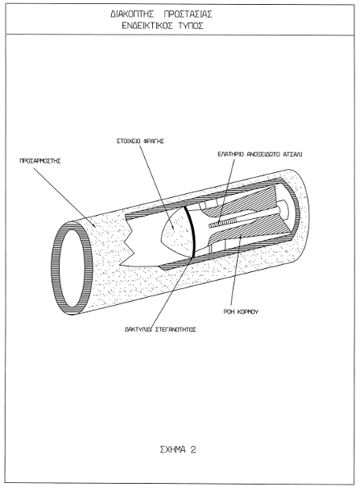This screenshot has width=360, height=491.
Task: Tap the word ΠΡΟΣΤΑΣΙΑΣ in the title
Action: (188, 14)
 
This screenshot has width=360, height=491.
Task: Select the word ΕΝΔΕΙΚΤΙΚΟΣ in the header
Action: (147, 26)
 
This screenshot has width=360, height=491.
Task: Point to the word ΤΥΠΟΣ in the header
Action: (192, 26)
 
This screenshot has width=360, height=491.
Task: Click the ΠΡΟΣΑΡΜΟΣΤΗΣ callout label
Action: (40, 161)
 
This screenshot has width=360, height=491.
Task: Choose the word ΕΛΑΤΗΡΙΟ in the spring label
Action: (230, 155)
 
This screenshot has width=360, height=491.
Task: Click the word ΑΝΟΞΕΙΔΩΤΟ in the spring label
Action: (263, 155)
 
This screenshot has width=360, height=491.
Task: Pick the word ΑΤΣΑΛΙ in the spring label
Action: (292, 155)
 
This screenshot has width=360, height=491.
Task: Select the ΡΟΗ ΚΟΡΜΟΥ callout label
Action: (241, 312)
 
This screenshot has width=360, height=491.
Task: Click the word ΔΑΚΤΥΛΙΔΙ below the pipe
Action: (139, 330)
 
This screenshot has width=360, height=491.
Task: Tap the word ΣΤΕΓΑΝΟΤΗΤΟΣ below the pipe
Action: (176, 330)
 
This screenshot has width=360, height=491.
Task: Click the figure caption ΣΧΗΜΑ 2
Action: (178, 450)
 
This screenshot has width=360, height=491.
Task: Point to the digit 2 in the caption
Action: (193, 450)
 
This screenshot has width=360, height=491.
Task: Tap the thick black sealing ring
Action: (190, 232)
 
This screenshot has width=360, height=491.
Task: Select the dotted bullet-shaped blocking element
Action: (177, 232)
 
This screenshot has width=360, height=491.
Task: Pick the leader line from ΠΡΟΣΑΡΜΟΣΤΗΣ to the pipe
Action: (64, 197)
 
